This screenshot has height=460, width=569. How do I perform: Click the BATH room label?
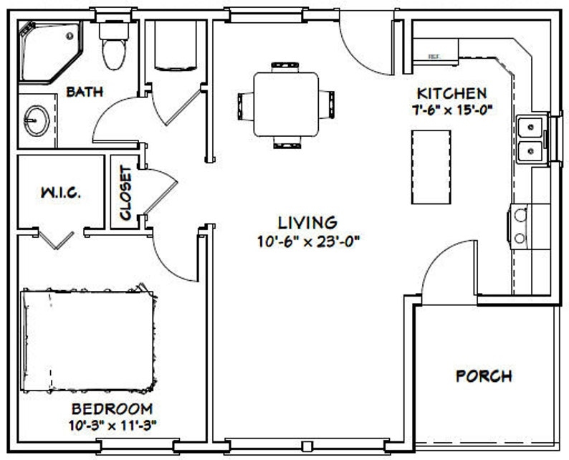click(85, 92)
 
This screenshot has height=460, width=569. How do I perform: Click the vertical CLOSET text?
click(126, 193)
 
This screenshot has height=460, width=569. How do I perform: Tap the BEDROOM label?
click(112, 409)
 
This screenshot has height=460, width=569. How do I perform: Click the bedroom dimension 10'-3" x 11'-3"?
click(112, 424)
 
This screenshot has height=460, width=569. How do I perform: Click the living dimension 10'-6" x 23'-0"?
click(309, 241)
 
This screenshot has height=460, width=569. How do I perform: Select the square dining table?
click(286, 104)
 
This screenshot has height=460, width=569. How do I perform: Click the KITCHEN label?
click(452, 93)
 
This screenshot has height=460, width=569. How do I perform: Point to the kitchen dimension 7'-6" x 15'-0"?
click(452, 109)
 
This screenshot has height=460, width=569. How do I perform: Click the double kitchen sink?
click(531, 138)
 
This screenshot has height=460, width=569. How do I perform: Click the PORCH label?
click(485, 375)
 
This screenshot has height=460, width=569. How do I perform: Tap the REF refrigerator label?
click(434, 56)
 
